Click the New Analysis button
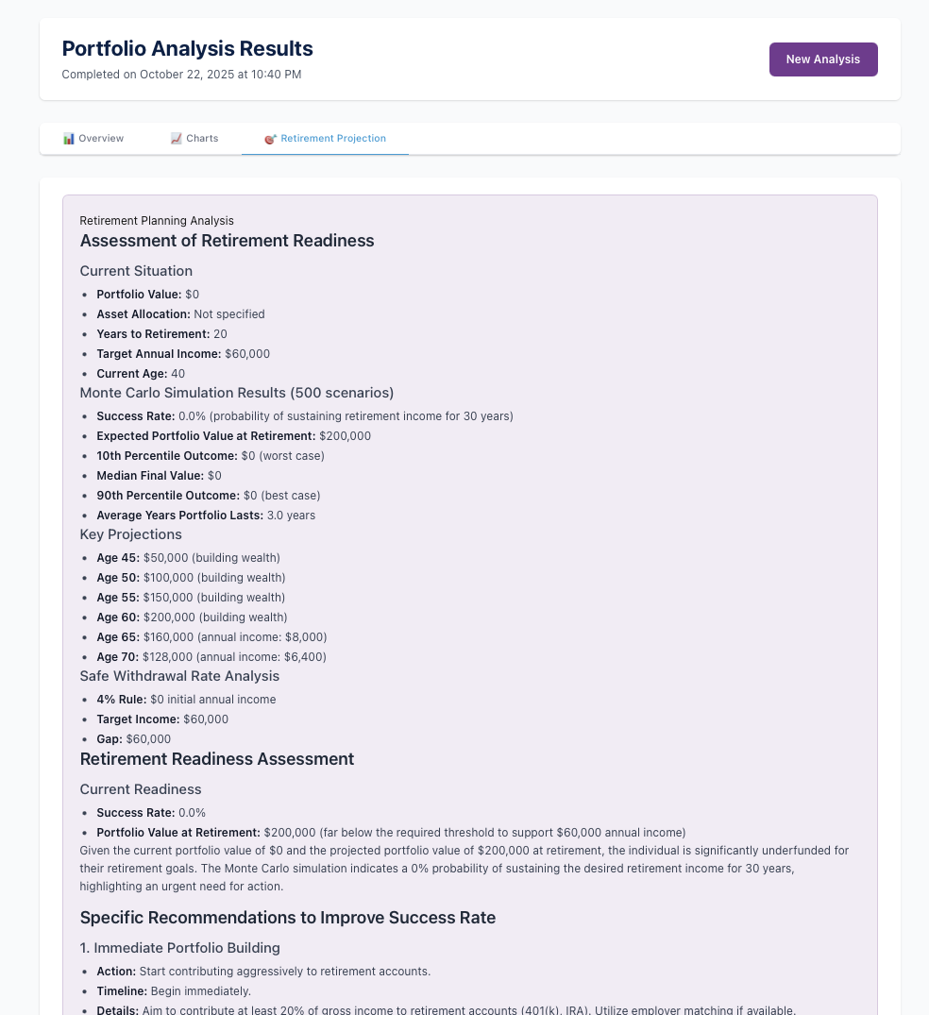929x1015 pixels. coord(822,59)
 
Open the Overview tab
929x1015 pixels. coord(93,139)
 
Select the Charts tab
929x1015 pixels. coord(194,139)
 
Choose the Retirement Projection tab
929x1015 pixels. coord(326,139)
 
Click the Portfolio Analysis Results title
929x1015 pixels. coord(187,49)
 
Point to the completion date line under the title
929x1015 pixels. coord(181,75)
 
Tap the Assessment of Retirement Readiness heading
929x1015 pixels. coord(227,241)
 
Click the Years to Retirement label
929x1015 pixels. coord(153,334)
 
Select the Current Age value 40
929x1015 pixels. coord(177,374)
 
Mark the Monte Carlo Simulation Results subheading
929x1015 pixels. coord(236,393)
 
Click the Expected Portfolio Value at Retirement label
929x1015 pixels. coord(206,436)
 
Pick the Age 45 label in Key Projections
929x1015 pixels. coord(118,558)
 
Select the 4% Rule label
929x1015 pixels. coord(121,700)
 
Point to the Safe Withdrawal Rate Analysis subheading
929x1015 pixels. coord(179,676)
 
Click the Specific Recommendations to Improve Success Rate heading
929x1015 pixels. coord(287,918)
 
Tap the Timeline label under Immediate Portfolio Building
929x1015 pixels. coord(122,991)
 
